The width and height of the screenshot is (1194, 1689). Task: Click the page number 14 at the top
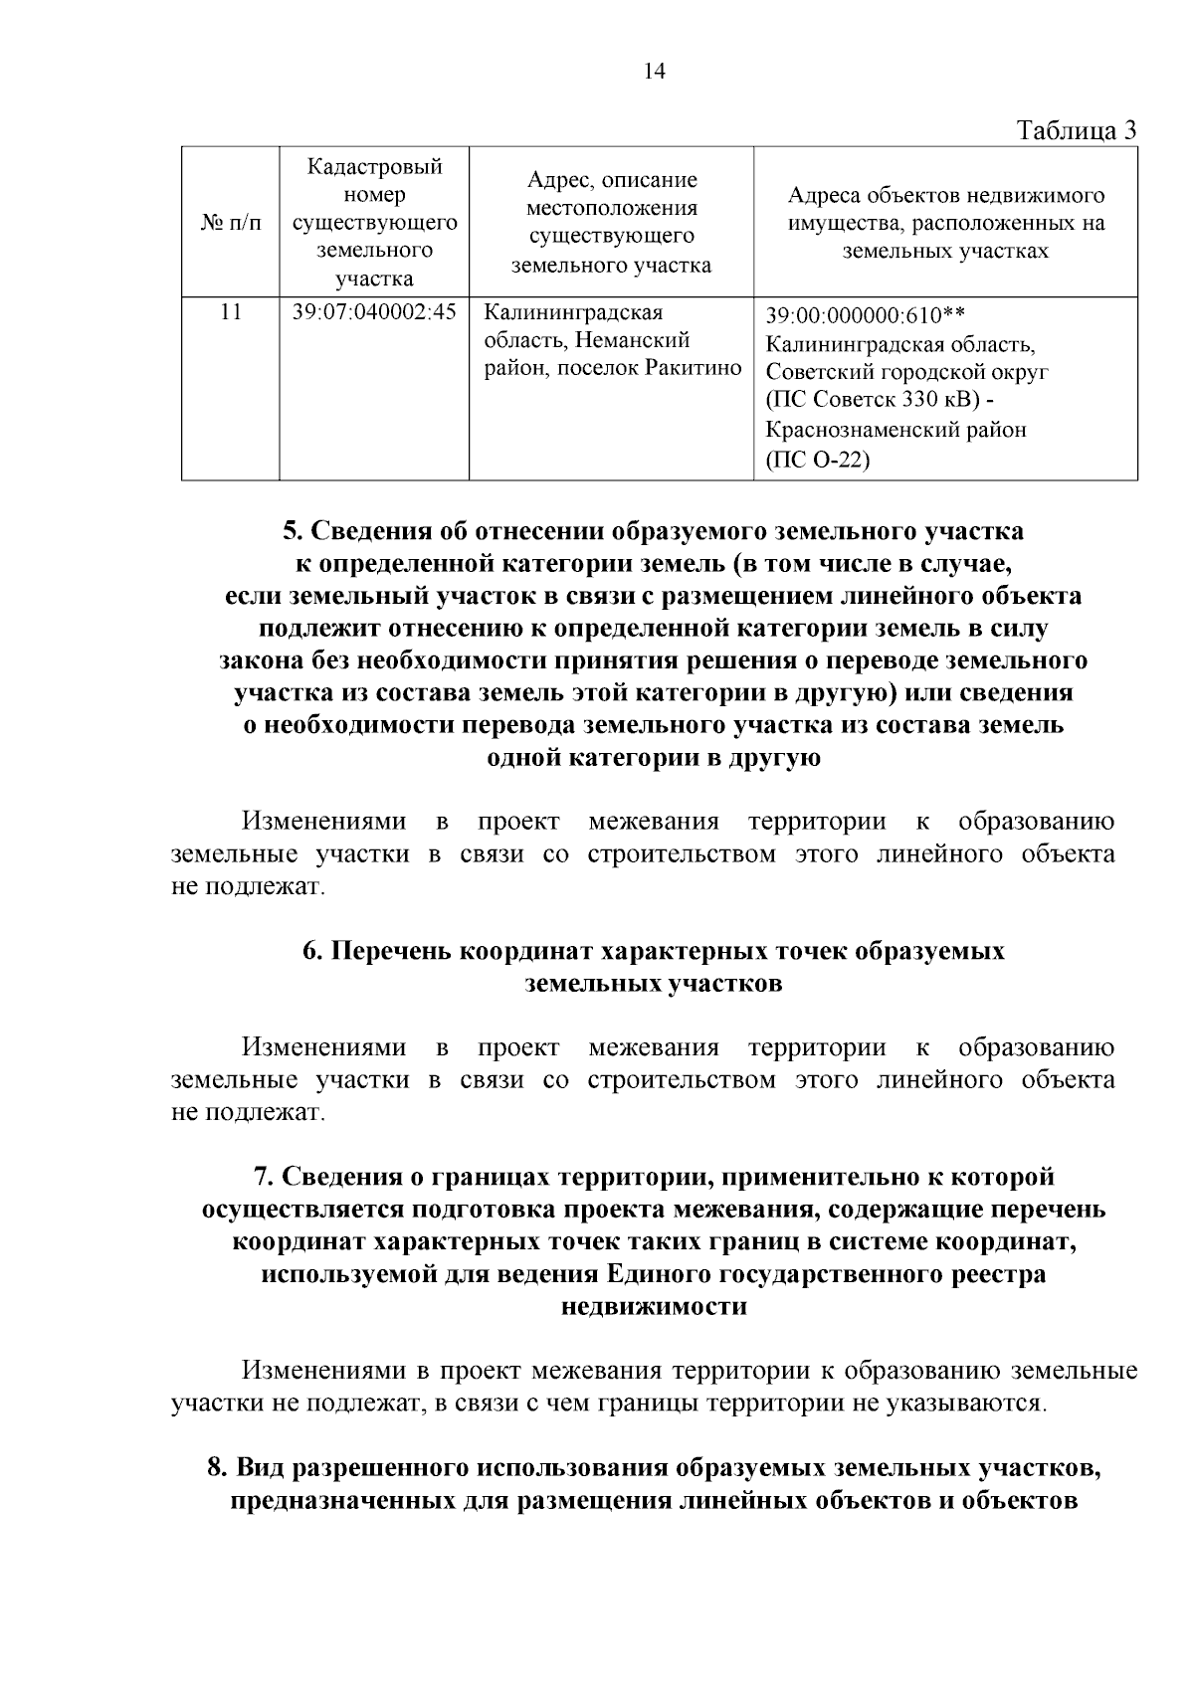tap(655, 71)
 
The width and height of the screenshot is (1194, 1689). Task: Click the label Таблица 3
tap(1076, 131)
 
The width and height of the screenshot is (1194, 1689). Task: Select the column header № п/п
tap(230, 223)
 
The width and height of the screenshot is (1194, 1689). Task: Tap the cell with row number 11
tap(230, 312)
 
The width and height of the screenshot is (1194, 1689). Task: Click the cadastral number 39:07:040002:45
tap(374, 312)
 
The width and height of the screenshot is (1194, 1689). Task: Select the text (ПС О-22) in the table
tap(818, 460)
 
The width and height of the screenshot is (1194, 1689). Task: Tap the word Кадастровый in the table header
tap(374, 166)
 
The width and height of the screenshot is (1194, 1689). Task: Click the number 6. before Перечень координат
tap(311, 951)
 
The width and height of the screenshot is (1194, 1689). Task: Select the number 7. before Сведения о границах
tap(263, 1177)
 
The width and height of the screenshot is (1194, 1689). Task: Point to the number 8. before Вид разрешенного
tap(216, 1467)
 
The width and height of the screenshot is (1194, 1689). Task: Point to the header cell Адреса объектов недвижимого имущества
tap(945, 223)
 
